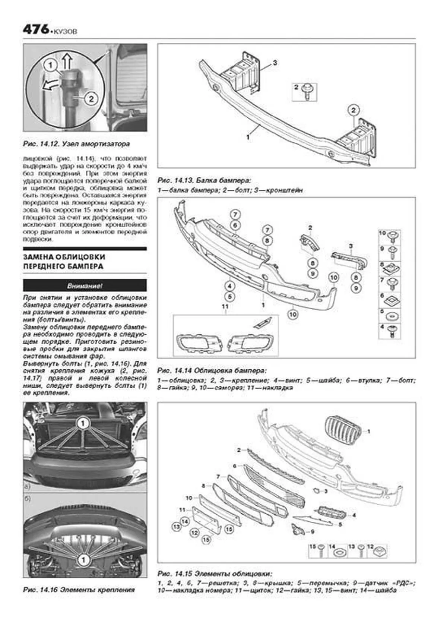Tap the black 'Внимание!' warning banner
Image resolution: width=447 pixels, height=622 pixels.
click(x=85, y=286)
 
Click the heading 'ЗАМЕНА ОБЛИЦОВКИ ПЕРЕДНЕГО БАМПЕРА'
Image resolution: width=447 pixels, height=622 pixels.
click(x=64, y=262)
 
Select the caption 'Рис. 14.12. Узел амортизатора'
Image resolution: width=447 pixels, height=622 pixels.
click(x=76, y=143)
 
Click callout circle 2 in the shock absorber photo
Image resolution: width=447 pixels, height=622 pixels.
click(x=91, y=98)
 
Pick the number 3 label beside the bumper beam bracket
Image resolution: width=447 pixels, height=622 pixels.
click(x=275, y=62)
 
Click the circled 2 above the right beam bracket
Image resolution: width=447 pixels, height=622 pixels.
click(x=353, y=110)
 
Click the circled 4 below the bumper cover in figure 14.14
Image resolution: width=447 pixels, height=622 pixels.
click(x=230, y=286)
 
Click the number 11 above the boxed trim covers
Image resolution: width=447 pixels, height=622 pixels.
click(x=225, y=306)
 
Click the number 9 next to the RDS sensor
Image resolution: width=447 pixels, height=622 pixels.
click(x=312, y=532)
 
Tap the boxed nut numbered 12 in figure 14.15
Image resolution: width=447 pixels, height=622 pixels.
click(x=380, y=550)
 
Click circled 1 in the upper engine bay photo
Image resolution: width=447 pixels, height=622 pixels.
click(x=83, y=423)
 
